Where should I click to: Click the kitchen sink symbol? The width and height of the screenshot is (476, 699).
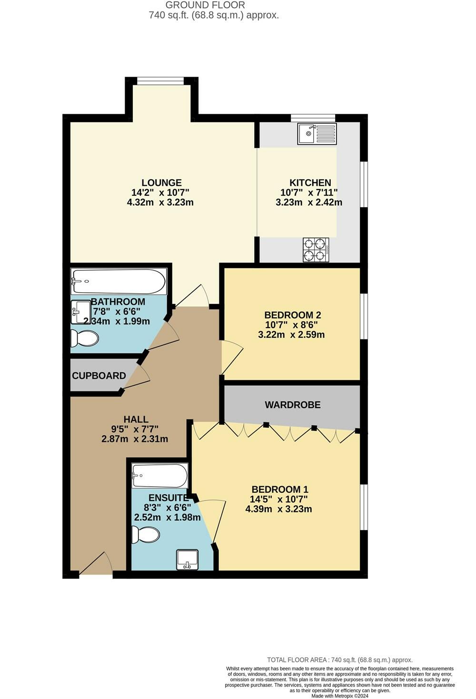coord(317,134)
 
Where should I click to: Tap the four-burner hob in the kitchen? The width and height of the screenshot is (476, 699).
coord(316,250)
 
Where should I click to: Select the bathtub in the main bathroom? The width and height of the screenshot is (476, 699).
coord(119,281)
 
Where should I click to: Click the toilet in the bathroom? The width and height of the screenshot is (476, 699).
coord(84,339)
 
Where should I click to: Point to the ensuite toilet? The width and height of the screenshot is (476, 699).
coord(146,534)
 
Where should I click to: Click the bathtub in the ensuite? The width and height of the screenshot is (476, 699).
coord(159,476)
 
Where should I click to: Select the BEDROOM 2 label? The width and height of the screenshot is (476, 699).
coord(293,315)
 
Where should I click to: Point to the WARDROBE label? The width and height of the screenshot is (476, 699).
coord(293,405)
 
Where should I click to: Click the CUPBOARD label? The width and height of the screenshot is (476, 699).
coord(99,376)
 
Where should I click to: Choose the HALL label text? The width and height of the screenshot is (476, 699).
coord(136,419)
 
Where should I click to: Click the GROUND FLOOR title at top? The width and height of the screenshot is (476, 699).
coord(205,5)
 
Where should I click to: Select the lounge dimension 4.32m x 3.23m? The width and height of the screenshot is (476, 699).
coord(160,202)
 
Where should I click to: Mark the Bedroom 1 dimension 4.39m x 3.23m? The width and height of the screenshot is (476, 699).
coord(278,509)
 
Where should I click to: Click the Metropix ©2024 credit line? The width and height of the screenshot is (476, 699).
coord(340,696)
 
